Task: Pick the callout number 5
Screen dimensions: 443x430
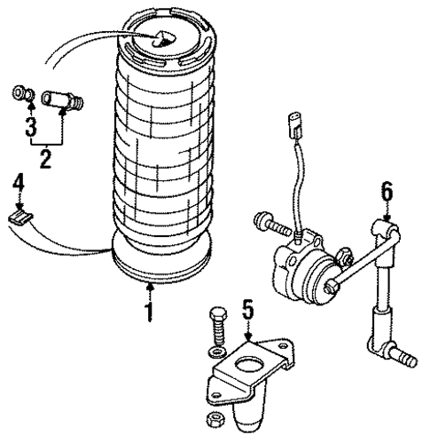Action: [x=249, y=310]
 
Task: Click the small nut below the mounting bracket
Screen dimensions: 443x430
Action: [x=213, y=417]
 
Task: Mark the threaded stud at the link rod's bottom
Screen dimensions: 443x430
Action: [x=405, y=360]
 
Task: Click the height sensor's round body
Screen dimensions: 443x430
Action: [x=301, y=266]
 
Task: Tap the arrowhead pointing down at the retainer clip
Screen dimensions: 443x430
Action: [x=19, y=203]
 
